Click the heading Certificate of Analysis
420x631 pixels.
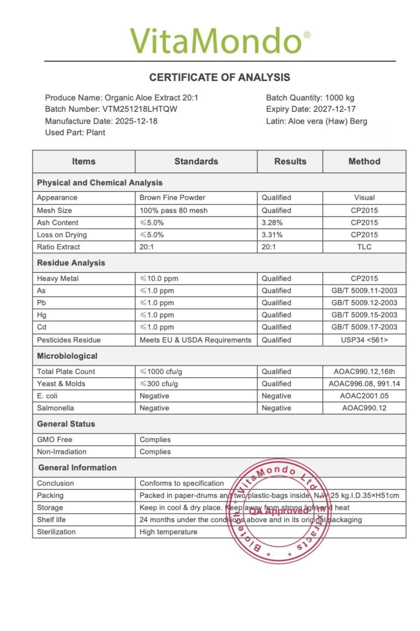click(x=219, y=77)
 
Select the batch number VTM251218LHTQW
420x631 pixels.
click(x=140, y=109)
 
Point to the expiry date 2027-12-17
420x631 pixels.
click(x=334, y=109)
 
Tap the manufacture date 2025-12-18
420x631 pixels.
click(x=136, y=121)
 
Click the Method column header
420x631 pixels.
click(x=364, y=161)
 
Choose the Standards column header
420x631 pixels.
click(x=196, y=161)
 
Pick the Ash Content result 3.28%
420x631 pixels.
click(x=272, y=223)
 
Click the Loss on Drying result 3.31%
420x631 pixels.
click(x=272, y=235)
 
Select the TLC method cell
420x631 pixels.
click(x=364, y=247)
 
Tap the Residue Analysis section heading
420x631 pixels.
click(x=71, y=263)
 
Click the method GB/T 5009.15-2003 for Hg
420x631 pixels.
click(x=364, y=315)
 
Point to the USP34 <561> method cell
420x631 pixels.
click(x=364, y=340)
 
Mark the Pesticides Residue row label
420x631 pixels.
click(x=68, y=340)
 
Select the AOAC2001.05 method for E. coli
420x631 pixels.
click(x=364, y=396)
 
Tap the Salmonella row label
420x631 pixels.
click(x=55, y=408)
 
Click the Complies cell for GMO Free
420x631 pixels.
click(x=155, y=440)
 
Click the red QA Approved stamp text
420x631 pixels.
click(x=279, y=511)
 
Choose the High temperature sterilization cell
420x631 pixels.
click(x=168, y=532)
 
